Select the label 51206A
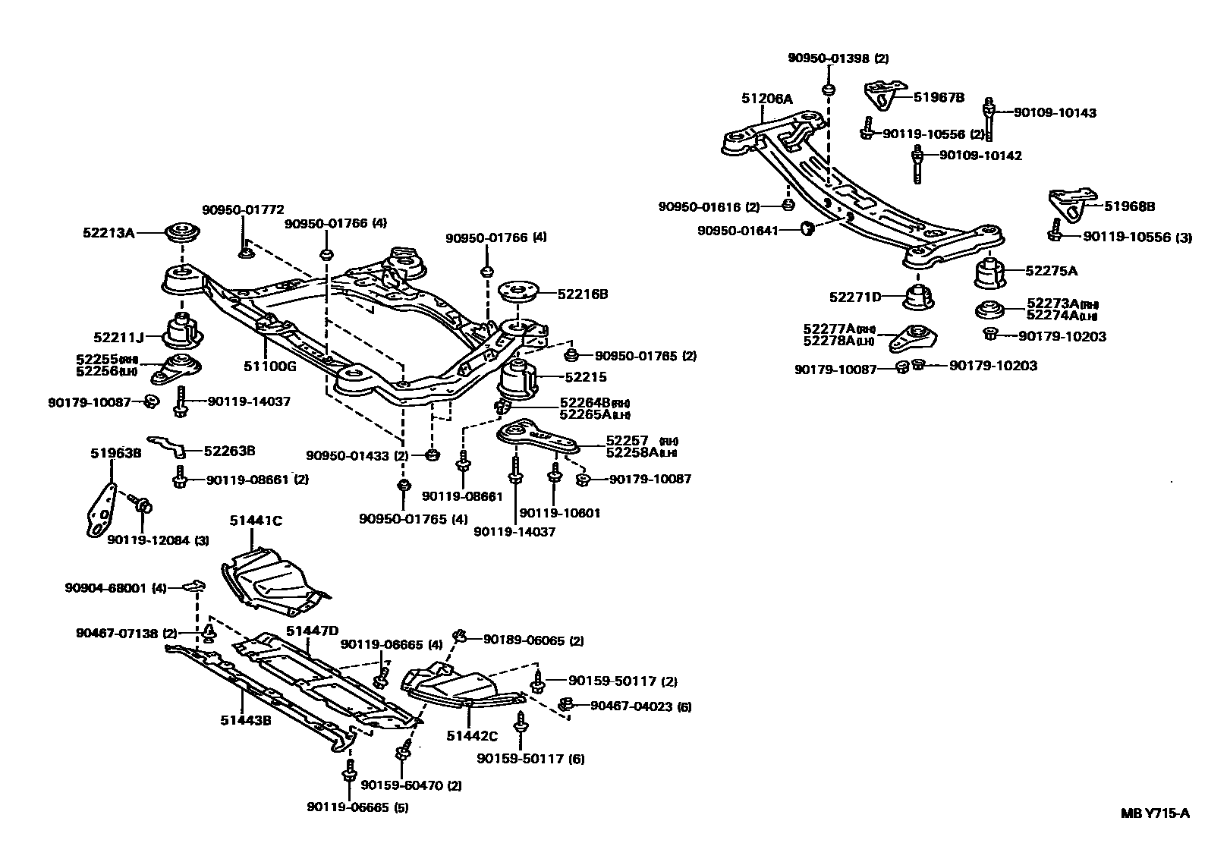pyautogui.click(x=766, y=98)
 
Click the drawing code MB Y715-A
pyautogui.click(x=1155, y=813)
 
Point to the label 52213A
pyautogui.click(x=109, y=233)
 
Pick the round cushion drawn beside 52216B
pyautogui.click(x=517, y=291)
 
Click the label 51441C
pyautogui.click(x=256, y=520)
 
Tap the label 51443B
pyautogui.click(x=246, y=720)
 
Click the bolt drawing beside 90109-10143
pyautogui.click(x=989, y=115)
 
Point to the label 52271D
pyautogui.click(x=854, y=297)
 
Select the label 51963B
pyautogui.click(x=116, y=453)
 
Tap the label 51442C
pyautogui.click(x=472, y=735)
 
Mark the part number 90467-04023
pyautogui.click(x=631, y=706)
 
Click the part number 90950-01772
pyautogui.click(x=243, y=209)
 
